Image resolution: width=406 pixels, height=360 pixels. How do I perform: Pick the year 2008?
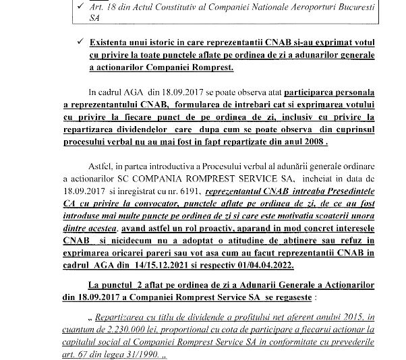pyautogui.click(x=312, y=144)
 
